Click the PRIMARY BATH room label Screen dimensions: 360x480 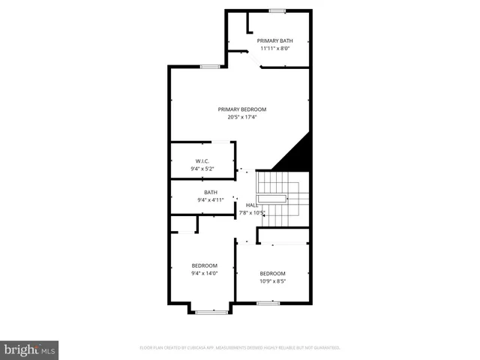click(274, 40)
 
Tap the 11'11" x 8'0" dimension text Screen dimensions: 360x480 click(274, 49)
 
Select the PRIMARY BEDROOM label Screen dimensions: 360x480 click(242, 109)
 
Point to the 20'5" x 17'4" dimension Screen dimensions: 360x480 click(242, 117)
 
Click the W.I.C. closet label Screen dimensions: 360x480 click(202, 161)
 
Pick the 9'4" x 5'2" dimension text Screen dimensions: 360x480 click(202, 169)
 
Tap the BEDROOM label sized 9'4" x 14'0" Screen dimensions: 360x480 click(204, 265)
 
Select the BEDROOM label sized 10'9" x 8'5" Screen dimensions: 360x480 click(272, 273)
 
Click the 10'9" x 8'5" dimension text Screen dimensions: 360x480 click(272, 281)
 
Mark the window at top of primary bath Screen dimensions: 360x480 click(277, 10)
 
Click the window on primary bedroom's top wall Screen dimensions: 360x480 click(210, 67)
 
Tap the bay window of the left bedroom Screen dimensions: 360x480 click(211, 311)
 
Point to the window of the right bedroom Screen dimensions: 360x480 click(268, 303)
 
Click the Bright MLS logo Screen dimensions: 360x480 click(29, 349)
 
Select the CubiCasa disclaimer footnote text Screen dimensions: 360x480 click(240, 348)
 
